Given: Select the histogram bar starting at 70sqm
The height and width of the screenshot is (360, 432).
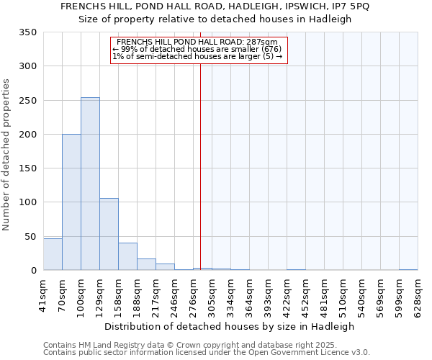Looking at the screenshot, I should pyautogui.click(x=71, y=202).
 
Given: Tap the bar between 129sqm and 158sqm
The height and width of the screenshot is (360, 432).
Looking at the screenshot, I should pyautogui.click(x=109, y=235).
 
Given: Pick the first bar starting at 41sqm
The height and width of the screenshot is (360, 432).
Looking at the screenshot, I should pyautogui.click(x=53, y=255).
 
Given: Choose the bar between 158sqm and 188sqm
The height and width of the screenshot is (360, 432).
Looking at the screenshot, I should pyautogui.click(x=127, y=257).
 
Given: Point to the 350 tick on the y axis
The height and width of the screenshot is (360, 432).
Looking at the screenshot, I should pyautogui.click(x=29, y=33).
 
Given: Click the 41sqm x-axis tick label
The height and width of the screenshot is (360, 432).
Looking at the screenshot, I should pyautogui.click(x=43, y=296).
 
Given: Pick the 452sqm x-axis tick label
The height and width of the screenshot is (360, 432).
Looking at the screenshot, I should pyautogui.click(x=305, y=296).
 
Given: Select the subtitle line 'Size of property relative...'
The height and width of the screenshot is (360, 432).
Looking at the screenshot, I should pyautogui.click(x=215, y=19).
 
